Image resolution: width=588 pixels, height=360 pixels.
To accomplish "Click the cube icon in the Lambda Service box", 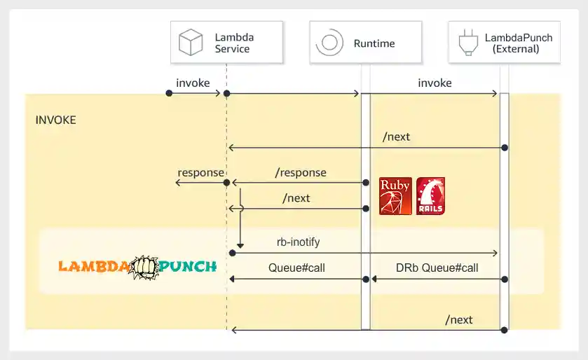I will (x=191, y=43).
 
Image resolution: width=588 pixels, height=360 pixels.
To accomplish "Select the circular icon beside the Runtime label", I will (x=329, y=43).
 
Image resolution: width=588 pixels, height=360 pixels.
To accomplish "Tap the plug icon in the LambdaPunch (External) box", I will (x=465, y=43).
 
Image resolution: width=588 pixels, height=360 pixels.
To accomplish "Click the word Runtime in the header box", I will (x=374, y=43).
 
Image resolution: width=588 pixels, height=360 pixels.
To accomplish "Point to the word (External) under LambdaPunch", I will (x=516, y=49).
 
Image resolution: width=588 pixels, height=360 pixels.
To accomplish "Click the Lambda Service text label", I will (x=233, y=43).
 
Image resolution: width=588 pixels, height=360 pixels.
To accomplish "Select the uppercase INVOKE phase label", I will (x=55, y=120).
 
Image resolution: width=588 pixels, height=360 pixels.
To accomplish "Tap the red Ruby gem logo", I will (x=395, y=195).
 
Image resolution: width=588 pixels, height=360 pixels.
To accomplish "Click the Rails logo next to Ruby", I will (x=430, y=195).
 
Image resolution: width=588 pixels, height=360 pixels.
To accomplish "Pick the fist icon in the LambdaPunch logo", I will (x=144, y=267).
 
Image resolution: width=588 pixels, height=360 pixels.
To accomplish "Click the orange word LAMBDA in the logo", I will (x=93, y=267).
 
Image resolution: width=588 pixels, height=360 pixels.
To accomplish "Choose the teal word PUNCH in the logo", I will (x=188, y=267).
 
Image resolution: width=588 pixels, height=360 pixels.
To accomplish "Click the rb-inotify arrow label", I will (x=299, y=242).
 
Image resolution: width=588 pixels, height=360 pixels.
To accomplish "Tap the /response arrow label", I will (x=301, y=172).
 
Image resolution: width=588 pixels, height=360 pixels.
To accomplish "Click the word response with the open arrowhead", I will (x=200, y=173).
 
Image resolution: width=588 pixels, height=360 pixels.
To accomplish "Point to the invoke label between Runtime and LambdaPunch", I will (x=435, y=83).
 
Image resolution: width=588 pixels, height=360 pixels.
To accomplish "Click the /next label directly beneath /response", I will (x=296, y=198).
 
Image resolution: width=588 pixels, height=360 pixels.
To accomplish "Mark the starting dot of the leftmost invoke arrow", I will (x=169, y=93).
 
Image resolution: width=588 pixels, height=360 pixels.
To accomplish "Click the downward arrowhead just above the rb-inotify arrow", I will (x=240, y=244).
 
